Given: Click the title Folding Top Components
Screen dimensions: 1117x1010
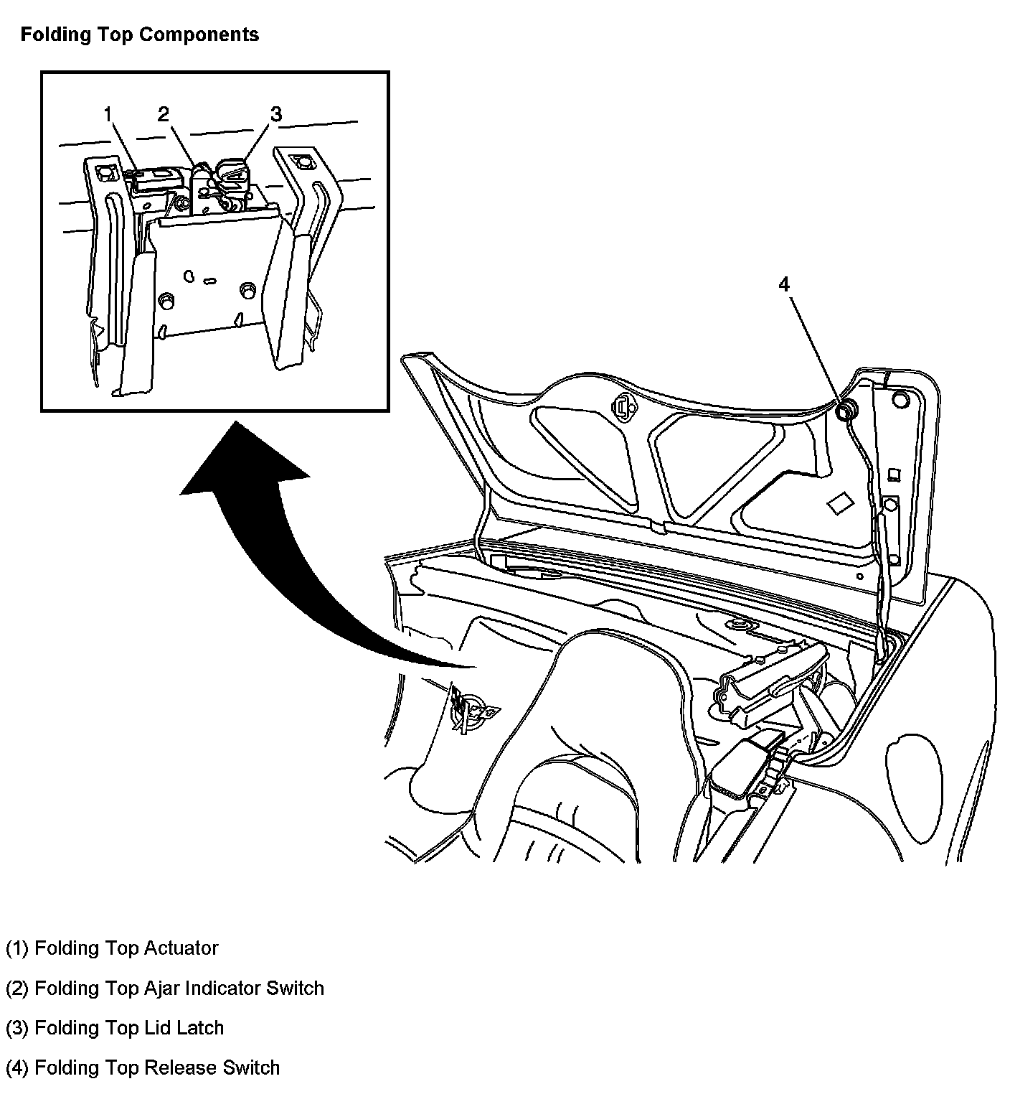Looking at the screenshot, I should [139, 34].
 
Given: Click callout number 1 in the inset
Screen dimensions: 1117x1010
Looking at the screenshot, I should [108, 114].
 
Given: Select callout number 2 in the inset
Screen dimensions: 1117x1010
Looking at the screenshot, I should [164, 114].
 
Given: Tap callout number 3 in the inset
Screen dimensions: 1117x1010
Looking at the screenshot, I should [276, 114].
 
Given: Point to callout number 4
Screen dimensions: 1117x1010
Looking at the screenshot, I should [784, 284].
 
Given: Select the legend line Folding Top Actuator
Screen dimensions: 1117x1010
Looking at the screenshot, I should [112, 948].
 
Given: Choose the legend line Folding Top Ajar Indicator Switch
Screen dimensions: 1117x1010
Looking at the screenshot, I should [165, 989].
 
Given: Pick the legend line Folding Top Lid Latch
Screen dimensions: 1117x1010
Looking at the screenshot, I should [115, 1028].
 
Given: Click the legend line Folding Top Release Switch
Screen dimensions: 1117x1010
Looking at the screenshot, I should [142, 1067].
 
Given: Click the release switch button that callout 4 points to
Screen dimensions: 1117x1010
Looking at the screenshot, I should [847, 410].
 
